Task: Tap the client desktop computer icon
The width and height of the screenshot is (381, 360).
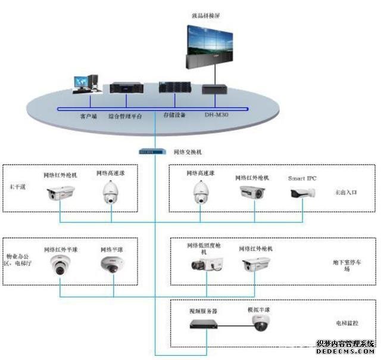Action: click(x=85, y=85)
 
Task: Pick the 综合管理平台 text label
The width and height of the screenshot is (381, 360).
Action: click(x=126, y=116)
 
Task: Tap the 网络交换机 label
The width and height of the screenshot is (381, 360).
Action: click(x=188, y=151)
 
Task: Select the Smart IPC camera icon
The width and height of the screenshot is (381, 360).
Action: click(x=302, y=194)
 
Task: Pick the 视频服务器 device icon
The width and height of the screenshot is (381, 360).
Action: click(x=202, y=324)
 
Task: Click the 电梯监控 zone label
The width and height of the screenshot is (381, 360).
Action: click(x=346, y=322)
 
